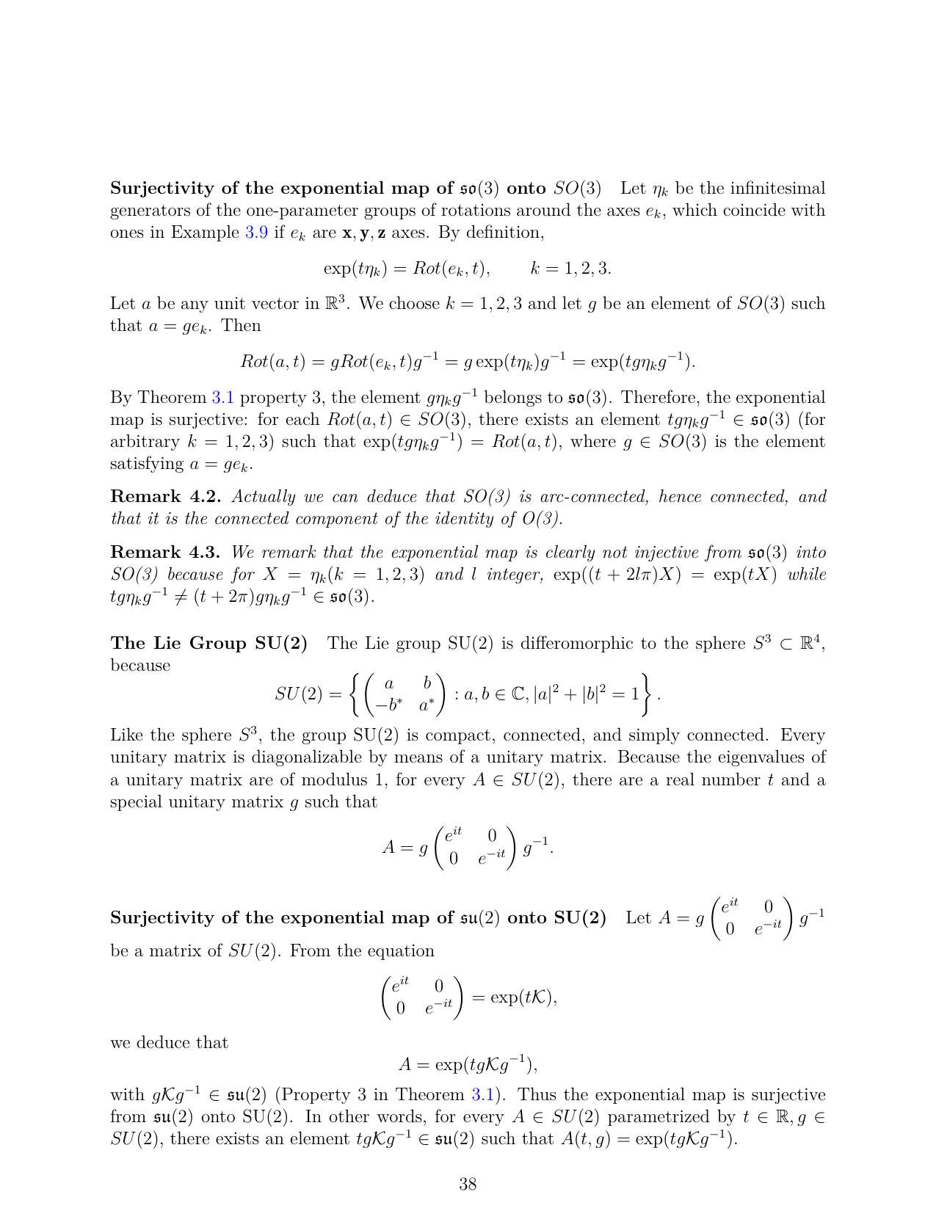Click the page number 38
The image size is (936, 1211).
point(468,1183)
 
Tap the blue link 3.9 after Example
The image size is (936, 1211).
point(256,233)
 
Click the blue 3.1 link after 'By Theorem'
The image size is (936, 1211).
point(222,398)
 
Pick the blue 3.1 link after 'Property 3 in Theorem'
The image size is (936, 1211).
point(482,1095)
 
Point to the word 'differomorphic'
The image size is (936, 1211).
point(575,644)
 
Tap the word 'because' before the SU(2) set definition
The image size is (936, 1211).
point(140,666)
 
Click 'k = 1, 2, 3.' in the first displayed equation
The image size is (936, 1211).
point(571,268)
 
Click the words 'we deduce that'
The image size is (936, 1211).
point(169,1043)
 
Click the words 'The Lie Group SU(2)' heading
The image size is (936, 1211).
point(209,644)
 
